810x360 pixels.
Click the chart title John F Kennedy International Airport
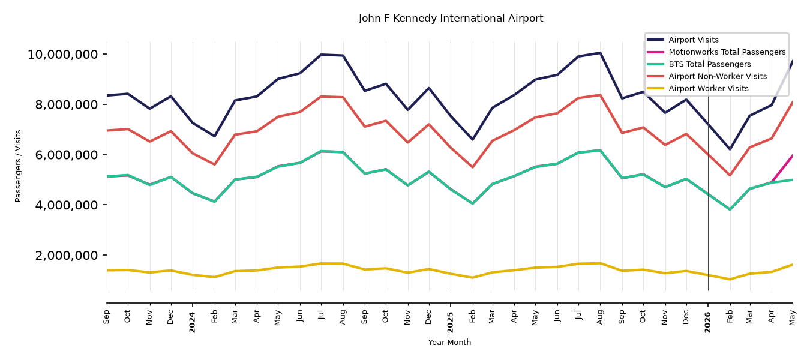click(x=451, y=19)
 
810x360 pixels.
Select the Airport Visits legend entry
click(x=693, y=40)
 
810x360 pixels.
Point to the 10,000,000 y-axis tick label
click(x=62, y=55)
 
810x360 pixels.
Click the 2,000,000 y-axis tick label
click(x=67, y=256)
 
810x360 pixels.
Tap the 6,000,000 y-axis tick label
click(x=67, y=155)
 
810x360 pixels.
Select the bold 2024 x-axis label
click(x=192, y=322)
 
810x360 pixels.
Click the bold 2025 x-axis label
click(x=450, y=322)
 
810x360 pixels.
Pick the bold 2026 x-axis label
click(x=707, y=322)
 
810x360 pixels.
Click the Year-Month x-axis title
click(x=449, y=343)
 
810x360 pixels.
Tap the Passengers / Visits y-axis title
click(x=18, y=166)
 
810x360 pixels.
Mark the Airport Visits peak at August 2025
click(x=600, y=53)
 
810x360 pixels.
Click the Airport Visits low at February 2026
click(x=730, y=149)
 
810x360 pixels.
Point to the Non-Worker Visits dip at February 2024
click(x=214, y=164)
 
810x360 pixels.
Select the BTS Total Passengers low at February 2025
click(x=472, y=203)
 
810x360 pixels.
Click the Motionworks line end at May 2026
click(x=792, y=156)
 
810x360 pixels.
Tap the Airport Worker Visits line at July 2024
click(x=321, y=263)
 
